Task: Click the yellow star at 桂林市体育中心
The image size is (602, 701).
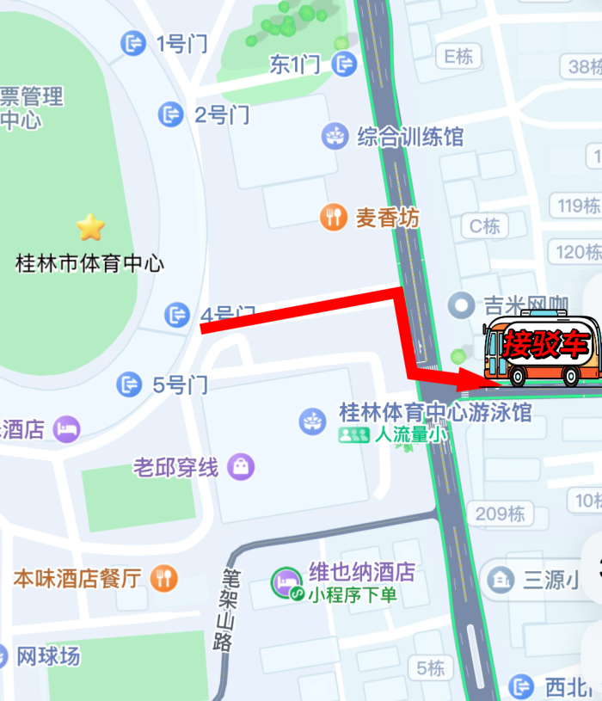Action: click(90, 227)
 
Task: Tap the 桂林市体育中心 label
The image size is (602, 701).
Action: click(90, 262)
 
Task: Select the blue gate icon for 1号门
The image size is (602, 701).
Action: click(133, 43)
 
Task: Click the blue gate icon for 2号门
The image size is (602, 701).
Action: click(171, 114)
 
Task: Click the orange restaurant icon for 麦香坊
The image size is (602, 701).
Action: click(334, 217)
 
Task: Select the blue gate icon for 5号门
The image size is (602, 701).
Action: click(130, 384)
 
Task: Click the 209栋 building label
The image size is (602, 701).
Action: click(500, 513)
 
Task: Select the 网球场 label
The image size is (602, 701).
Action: click(48, 656)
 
